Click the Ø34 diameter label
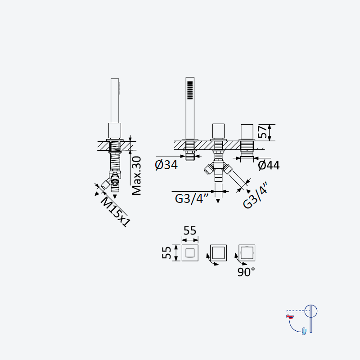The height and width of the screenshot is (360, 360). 166,165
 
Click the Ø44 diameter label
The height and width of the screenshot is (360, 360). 269,165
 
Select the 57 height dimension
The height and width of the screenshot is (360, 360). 263,131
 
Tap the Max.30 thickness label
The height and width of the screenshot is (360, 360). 137,175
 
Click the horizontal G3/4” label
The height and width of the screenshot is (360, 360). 192,198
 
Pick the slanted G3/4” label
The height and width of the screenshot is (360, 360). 256,196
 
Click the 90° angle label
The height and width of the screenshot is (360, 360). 246,272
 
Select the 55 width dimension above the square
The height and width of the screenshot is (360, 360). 190,230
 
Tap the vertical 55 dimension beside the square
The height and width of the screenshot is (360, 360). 166,252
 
